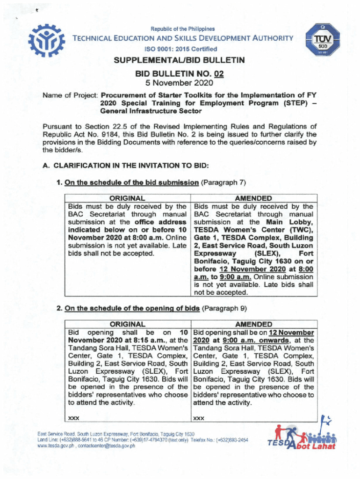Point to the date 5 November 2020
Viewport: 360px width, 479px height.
tap(179, 83)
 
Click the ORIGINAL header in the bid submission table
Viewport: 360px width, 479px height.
tap(129, 198)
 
